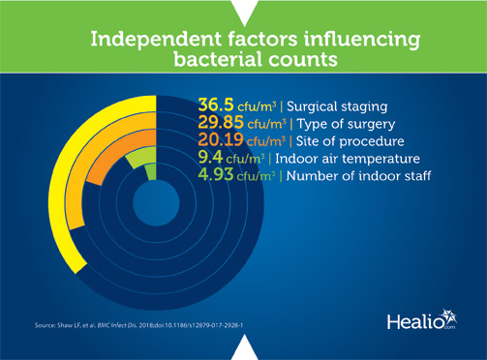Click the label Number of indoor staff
(351, 176)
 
